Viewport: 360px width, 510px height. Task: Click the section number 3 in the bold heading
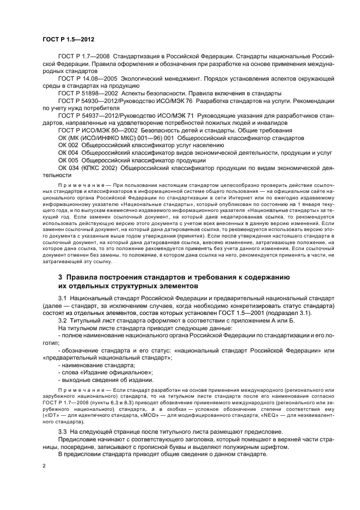point(60,277)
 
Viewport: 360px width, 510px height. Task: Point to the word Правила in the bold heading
point(83,277)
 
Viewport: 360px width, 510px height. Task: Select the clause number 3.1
point(63,298)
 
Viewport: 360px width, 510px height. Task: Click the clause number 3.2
point(63,320)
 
